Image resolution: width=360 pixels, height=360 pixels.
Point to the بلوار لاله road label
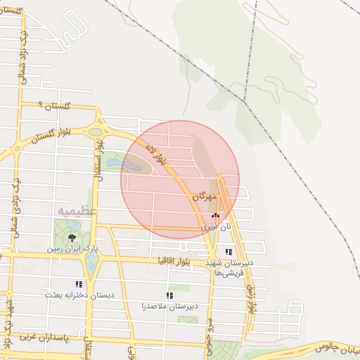point(155,154)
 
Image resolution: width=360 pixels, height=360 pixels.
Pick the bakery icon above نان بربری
point(215,217)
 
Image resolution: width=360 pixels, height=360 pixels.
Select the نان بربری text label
point(216,227)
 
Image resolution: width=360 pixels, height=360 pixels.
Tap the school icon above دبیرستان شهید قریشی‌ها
point(228,252)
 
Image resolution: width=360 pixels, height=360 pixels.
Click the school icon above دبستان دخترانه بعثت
point(79,284)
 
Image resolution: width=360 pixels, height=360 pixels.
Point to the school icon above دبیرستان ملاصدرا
point(169,296)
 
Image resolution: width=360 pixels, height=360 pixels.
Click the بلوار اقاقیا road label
point(179,260)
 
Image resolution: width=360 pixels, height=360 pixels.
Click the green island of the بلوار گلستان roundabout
point(95,131)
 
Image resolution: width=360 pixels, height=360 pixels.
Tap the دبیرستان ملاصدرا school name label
point(168,307)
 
